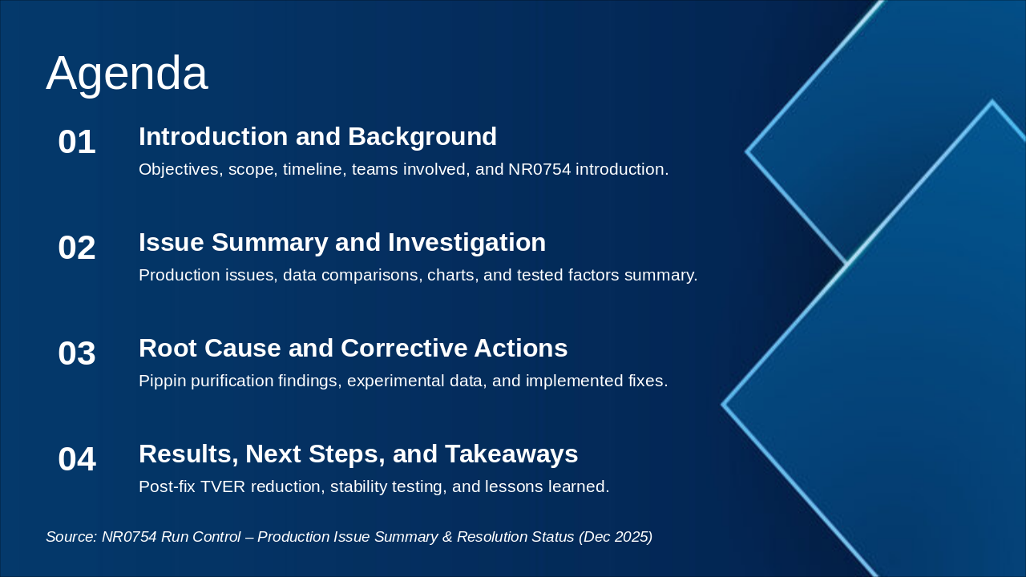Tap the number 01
(x=77, y=142)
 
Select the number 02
(x=77, y=248)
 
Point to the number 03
(x=77, y=353)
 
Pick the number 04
(x=77, y=459)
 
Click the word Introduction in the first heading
(x=213, y=136)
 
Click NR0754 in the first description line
(x=539, y=169)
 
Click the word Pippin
(x=162, y=381)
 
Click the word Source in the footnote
(x=71, y=537)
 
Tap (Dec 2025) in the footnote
(x=616, y=537)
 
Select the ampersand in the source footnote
(x=447, y=537)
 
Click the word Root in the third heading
(x=168, y=348)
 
